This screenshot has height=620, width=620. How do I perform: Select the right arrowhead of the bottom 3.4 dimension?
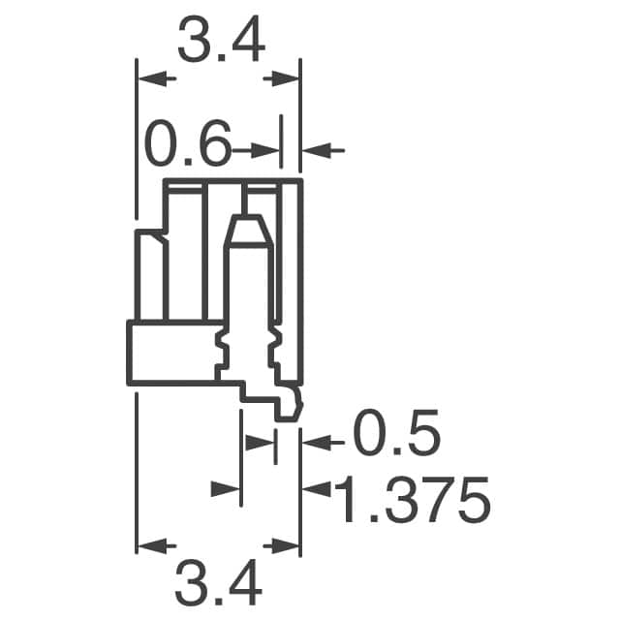click(x=285, y=546)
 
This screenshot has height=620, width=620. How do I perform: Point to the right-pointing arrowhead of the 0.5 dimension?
click(x=260, y=443)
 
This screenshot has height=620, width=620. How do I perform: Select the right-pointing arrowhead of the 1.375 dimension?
click(x=226, y=490)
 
